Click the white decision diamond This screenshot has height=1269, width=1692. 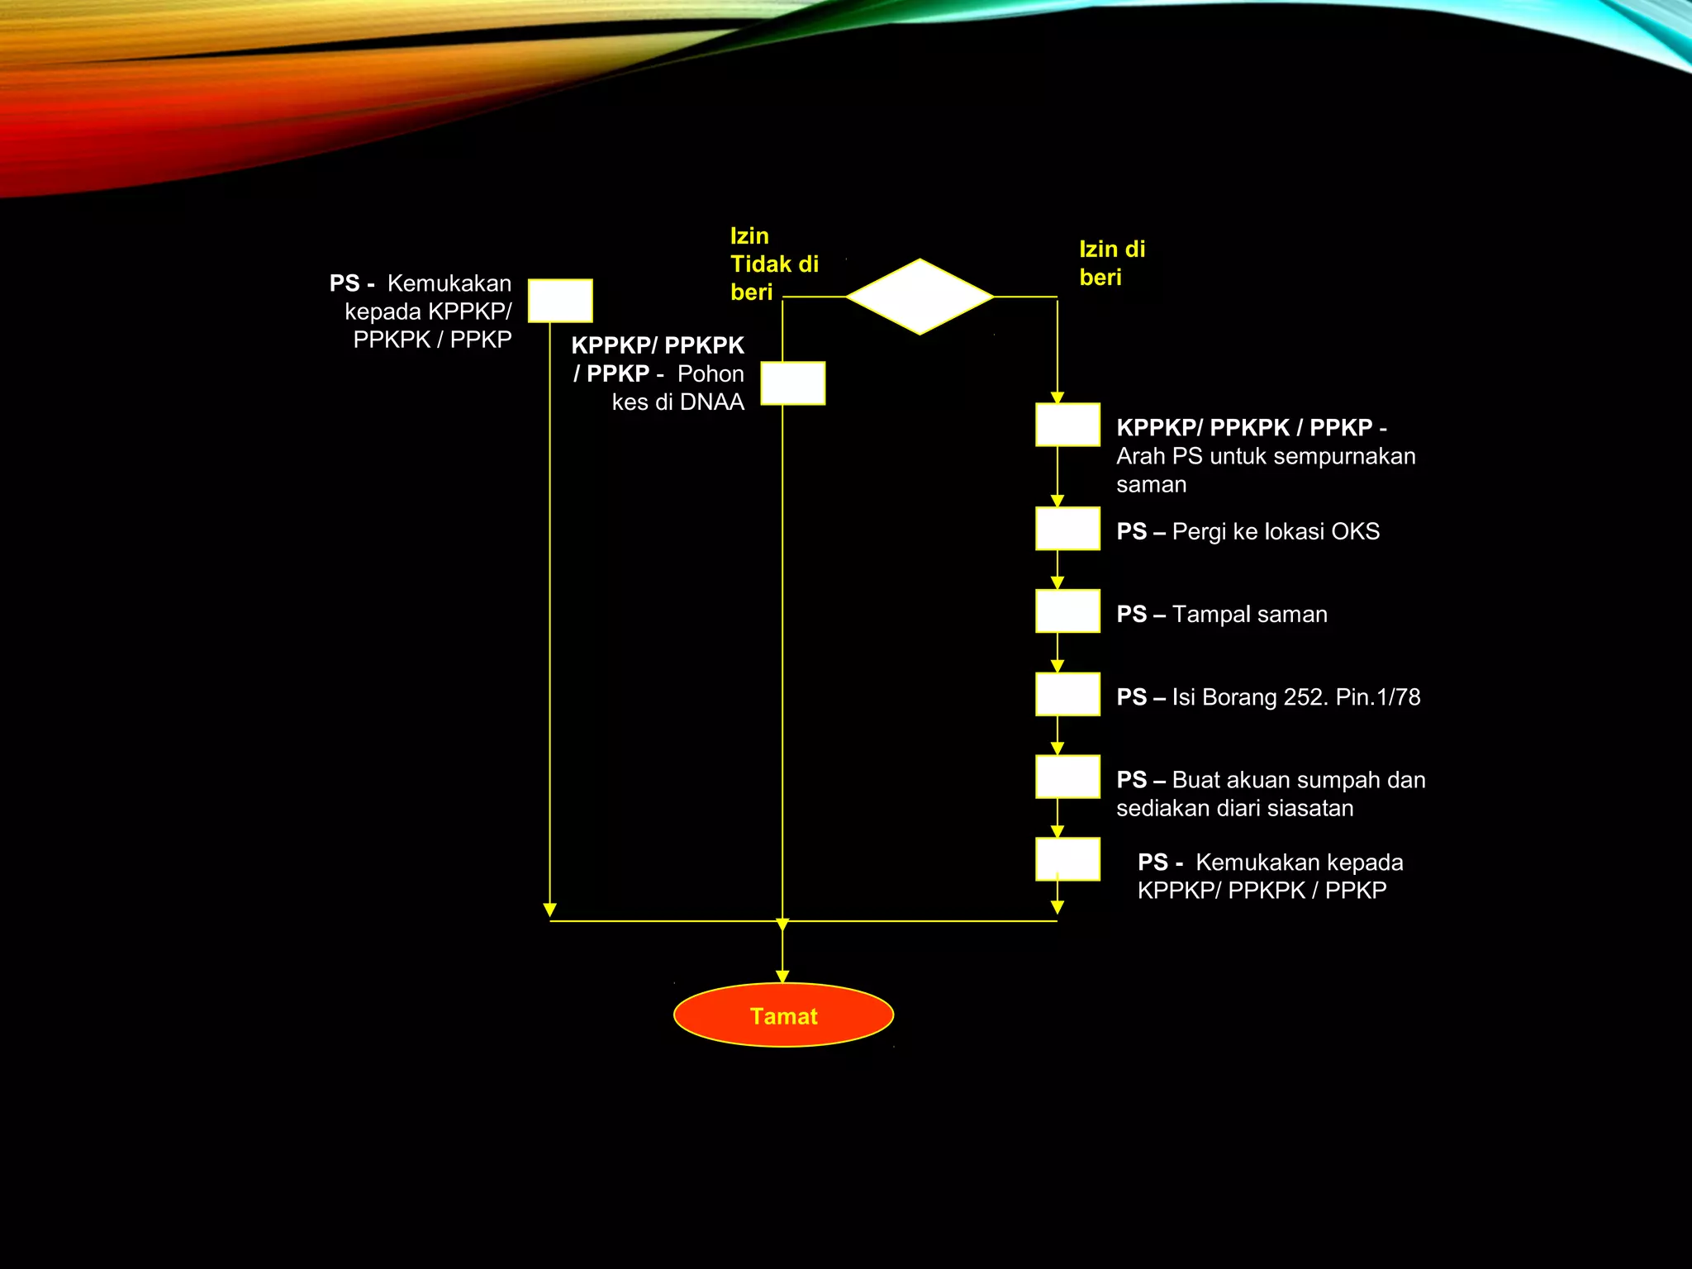tap(920, 297)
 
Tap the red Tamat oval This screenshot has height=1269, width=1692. tap(783, 1015)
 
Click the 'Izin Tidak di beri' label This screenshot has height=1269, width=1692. tap(774, 264)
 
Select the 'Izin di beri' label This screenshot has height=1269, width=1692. tap(1112, 263)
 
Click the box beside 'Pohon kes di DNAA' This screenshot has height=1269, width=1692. tap(792, 383)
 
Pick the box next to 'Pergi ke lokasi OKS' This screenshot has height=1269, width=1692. tap(1067, 528)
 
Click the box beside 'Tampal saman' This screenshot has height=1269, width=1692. tap(1067, 611)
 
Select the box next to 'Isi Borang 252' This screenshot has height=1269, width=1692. tap(1067, 694)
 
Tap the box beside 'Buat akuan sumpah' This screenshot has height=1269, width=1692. tap(1067, 777)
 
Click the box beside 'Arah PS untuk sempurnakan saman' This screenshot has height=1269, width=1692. tap(1067, 425)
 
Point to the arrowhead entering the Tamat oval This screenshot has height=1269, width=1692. tap(782, 977)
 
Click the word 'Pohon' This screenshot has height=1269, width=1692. tap(711, 374)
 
